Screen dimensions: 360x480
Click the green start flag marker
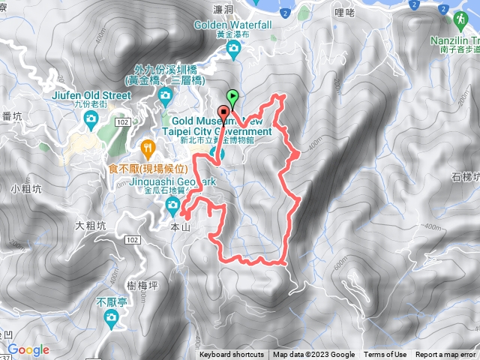coord(233,97)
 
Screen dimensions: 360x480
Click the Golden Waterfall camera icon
coord(233,49)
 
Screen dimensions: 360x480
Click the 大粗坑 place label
coord(88,224)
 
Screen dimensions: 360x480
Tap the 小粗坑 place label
coord(23,188)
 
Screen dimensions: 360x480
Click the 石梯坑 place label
coord(465,177)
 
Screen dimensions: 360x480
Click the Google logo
coord(28,349)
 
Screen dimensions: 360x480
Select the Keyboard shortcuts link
coord(232,355)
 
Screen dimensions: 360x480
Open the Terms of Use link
coord(385,355)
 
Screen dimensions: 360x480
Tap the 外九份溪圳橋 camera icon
coord(166,94)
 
